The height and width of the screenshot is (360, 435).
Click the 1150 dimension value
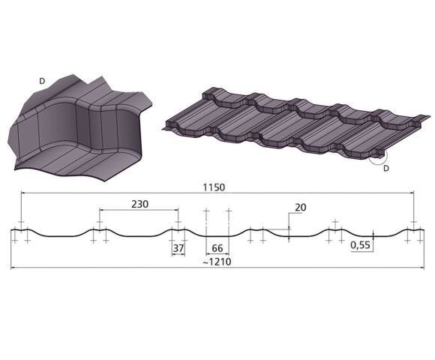pyautogui.click(x=214, y=187)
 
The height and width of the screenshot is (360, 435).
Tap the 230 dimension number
pyautogui.click(x=139, y=204)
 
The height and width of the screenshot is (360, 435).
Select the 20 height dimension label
pyautogui.click(x=300, y=207)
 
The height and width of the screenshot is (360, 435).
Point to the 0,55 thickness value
pyautogui.click(x=360, y=245)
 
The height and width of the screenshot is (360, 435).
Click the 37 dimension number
pyautogui.click(x=178, y=248)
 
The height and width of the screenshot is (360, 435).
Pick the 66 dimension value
pyautogui.click(x=217, y=248)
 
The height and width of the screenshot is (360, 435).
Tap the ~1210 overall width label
pyautogui.click(x=217, y=262)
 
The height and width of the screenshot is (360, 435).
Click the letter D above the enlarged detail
pyautogui.click(x=42, y=81)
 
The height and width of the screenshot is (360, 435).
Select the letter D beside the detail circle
pyautogui.click(x=386, y=168)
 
